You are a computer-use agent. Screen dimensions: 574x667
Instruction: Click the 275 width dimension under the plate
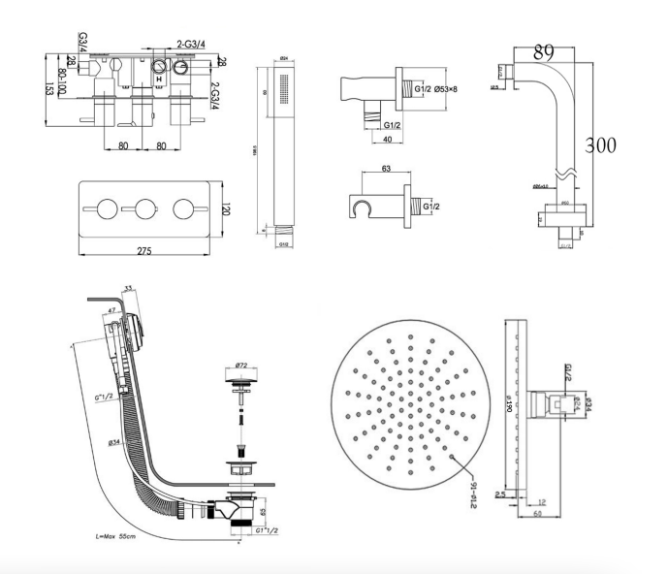[x=143, y=251]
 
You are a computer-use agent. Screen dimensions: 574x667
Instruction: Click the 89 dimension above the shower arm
[x=544, y=50]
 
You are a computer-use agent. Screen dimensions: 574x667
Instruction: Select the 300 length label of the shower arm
[x=600, y=145]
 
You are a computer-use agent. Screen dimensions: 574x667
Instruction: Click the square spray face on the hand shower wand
[x=281, y=92]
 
